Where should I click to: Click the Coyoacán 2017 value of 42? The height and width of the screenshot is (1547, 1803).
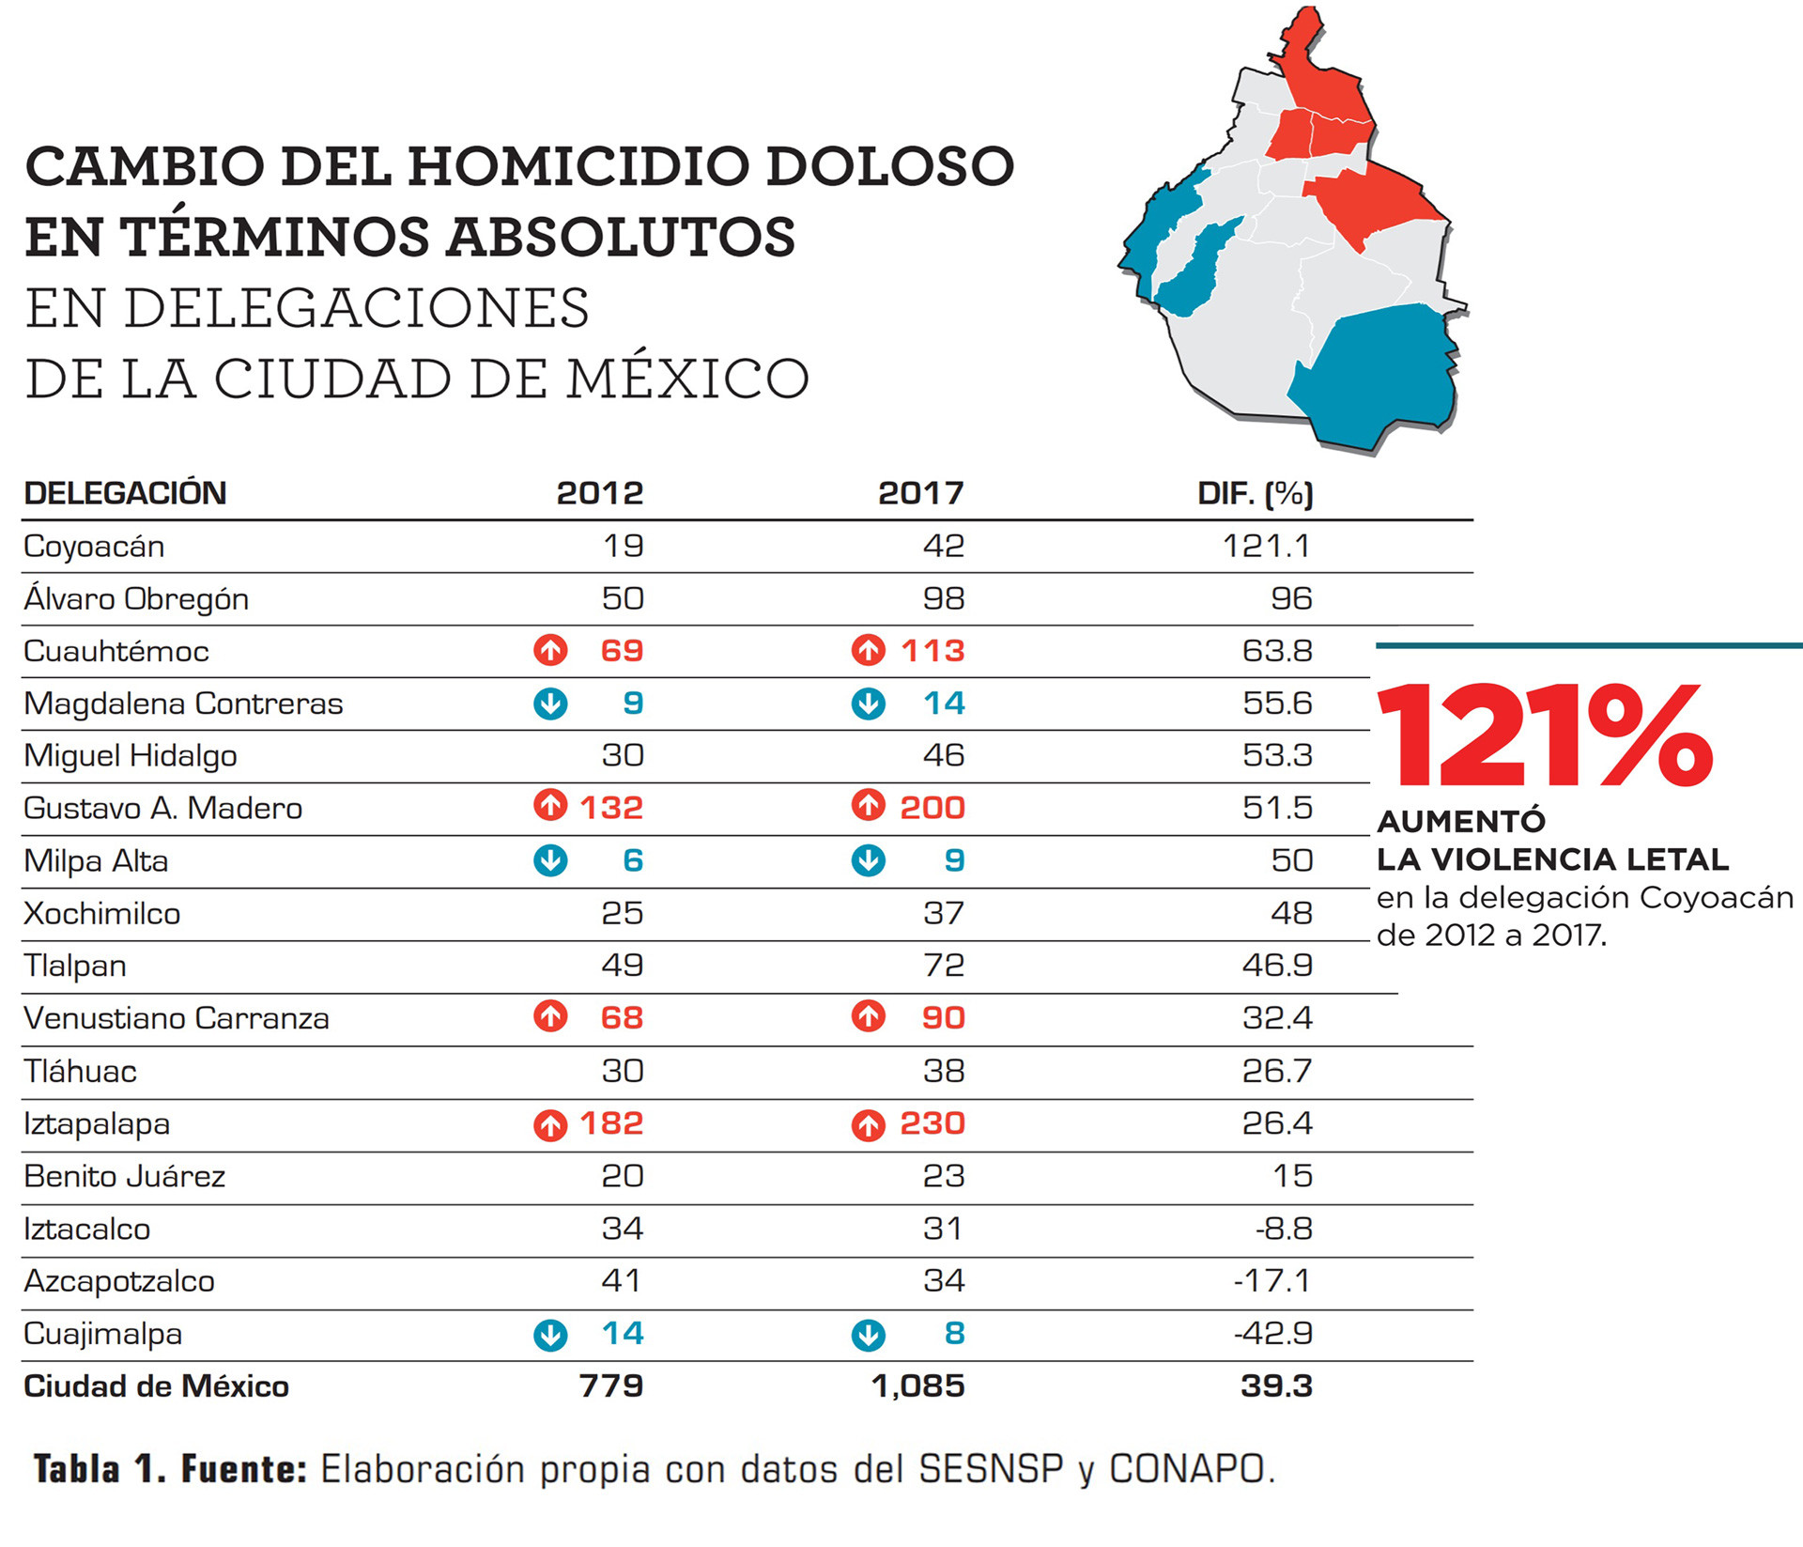click(944, 546)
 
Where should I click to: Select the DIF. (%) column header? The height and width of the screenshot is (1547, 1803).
click(1255, 493)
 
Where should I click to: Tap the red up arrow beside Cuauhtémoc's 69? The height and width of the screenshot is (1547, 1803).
click(550, 650)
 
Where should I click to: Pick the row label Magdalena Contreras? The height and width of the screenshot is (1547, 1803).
click(183, 704)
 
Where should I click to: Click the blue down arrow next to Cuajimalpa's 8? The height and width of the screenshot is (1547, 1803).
click(868, 1335)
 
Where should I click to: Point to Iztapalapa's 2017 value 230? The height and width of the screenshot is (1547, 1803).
click(932, 1123)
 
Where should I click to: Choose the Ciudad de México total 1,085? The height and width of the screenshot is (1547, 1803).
click(918, 1386)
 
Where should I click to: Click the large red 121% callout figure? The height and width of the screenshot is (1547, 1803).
click(1545, 735)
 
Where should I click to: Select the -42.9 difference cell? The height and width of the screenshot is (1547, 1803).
click(1273, 1334)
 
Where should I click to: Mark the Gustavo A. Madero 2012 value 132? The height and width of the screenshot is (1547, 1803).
click(611, 808)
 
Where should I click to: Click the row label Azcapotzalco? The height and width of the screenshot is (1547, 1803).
click(119, 1282)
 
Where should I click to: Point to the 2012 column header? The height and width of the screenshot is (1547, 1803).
click(600, 493)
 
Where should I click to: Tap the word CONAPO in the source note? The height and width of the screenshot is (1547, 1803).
click(1187, 1469)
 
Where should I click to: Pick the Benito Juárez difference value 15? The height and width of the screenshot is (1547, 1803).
click(1292, 1176)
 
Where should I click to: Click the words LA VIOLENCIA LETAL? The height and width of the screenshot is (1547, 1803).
click(1552, 859)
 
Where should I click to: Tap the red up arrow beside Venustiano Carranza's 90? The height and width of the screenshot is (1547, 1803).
click(868, 1017)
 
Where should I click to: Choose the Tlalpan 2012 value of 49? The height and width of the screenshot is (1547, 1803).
click(623, 966)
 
